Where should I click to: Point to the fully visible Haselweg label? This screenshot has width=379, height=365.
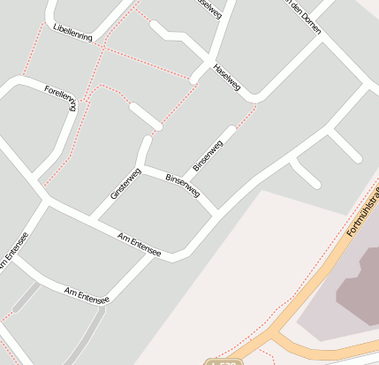pyautogui.click(x=226, y=78)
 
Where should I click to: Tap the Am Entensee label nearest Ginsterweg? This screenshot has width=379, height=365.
pyautogui.click(x=139, y=245)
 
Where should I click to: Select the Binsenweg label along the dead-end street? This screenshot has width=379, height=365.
pyautogui.click(x=208, y=153)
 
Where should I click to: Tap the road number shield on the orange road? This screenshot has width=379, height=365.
pyautogui.click(x=227, y=361)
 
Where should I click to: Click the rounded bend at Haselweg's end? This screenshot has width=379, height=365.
pyautogui.click(x=255, y=95)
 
